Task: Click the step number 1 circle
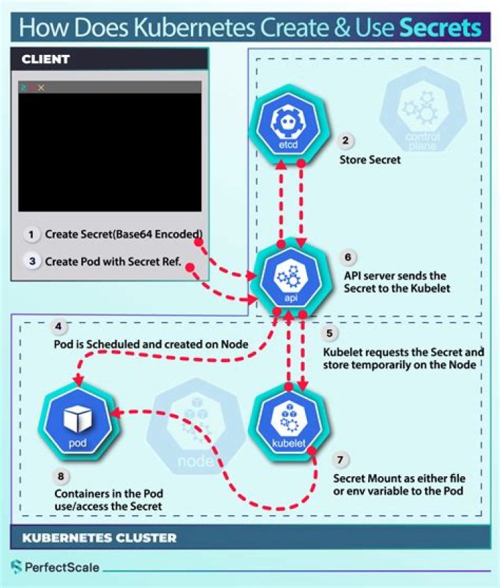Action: tap(31, 234)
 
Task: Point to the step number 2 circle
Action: tap(345, 140)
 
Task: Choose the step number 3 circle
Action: tap(31, 262)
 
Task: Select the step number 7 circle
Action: tap(340, 459)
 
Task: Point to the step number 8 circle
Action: tap(60, 476)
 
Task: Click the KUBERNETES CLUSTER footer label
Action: tap(99, 537)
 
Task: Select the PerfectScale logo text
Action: tap(62, 568)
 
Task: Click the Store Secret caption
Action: tap(369, 161)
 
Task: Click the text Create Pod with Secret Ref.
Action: tap(112, 262)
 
